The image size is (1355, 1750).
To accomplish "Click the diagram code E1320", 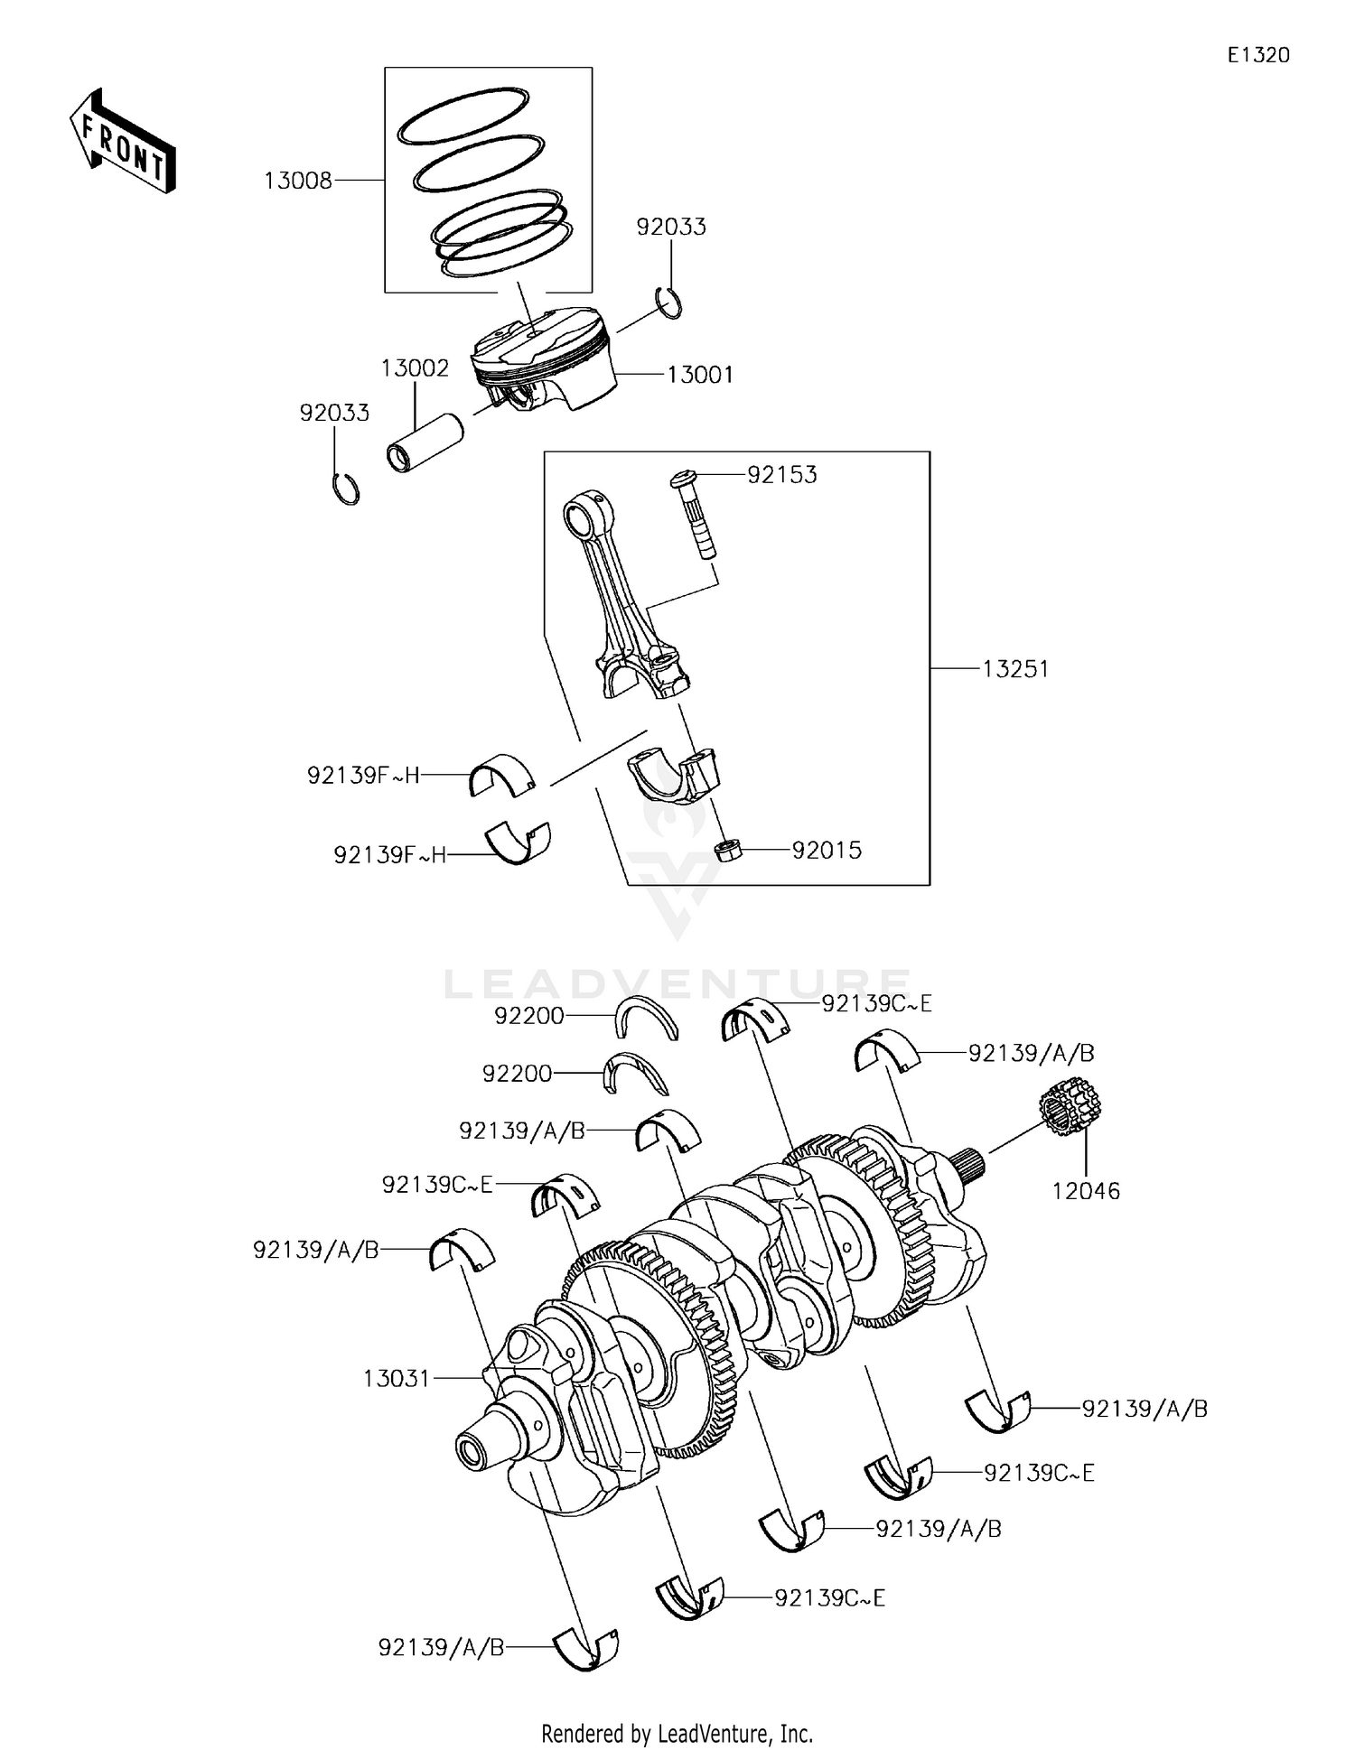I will (x=1258, y=55).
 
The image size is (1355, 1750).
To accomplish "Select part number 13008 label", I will (x=298, y=181).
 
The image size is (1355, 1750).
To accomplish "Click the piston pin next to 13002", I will (x=424, y=443).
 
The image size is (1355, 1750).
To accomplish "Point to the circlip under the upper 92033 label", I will (x=668, y=302).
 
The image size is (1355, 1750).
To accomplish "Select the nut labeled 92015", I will (x=728, y=850).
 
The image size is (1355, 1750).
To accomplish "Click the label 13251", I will (x=1015, y=669).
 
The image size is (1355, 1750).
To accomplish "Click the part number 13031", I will (x=397, y=1379).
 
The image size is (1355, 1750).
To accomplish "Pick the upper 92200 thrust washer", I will (x=647, y=1018).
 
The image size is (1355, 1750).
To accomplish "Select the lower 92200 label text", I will (x=517, y=1074).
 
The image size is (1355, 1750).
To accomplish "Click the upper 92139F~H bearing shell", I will (x=502, y=774).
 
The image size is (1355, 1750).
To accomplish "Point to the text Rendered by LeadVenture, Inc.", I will (x=677, y=1733).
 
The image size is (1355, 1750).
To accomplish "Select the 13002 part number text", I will (x=415, y=368).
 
